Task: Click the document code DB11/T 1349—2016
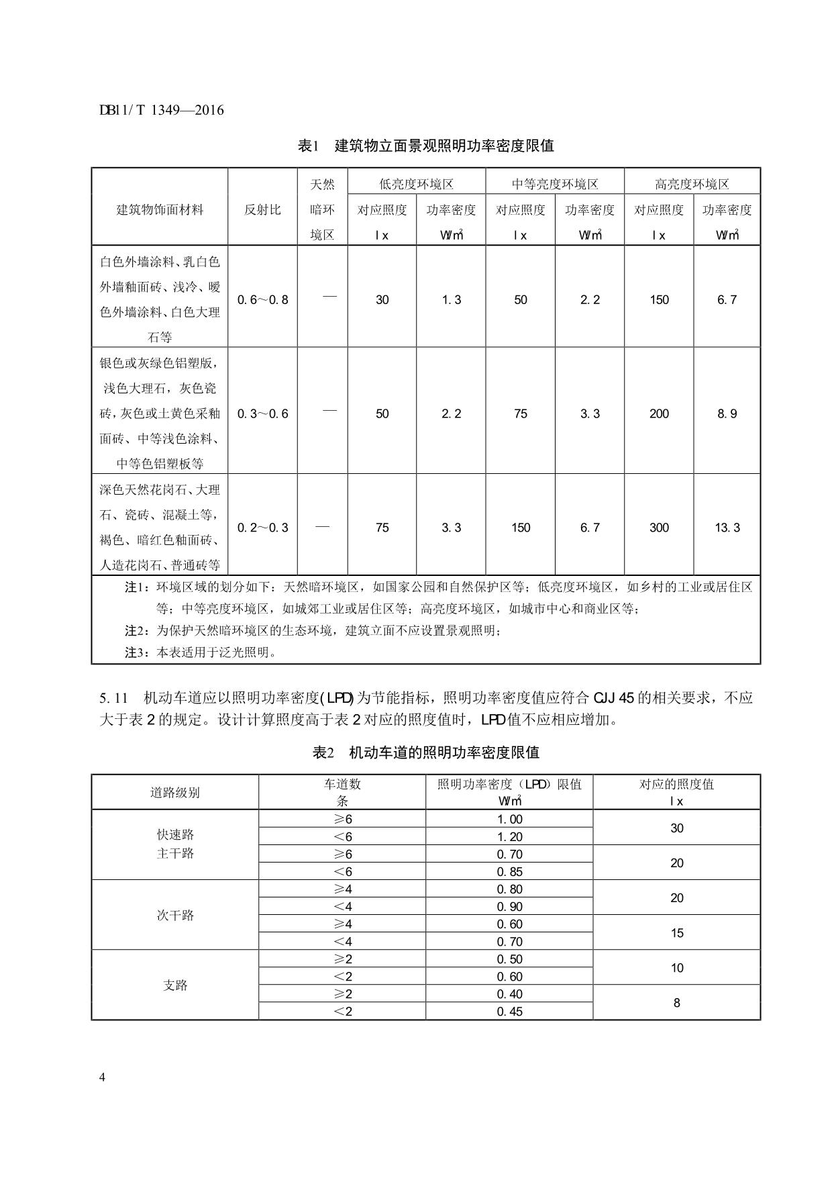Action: click(161, 110)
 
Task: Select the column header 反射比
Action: click(262, 209)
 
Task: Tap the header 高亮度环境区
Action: click(692, 184)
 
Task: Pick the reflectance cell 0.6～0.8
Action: click(262, 299)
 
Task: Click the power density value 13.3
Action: click(727, 528)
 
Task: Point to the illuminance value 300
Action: click(659, 528)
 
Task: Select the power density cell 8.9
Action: click(727, 413)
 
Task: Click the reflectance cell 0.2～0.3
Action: click(262, 528)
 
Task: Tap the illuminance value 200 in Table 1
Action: click(659, 413)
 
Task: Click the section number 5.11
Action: click(113, 697)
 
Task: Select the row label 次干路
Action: click(175, 916)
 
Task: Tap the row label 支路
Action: click(175, 985)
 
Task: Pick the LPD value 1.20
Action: click(509, 837)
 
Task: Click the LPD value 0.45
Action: click(509, 1012)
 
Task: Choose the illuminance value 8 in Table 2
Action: click(676, 1003)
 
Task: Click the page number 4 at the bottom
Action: click(103, 1078)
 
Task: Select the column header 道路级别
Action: click(175, 793)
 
